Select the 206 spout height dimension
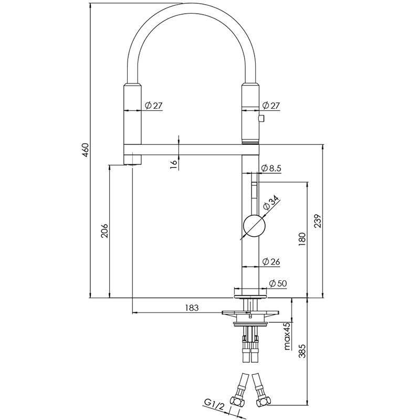[104, 230]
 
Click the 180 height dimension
[301, 239]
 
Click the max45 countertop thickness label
[287, 337]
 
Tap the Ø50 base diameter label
[277, 283]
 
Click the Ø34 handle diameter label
[272, 204]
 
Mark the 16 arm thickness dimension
[173, 163]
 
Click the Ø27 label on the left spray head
[153, 106]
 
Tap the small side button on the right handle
[261, 120]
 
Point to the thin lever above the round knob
[253, 196]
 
